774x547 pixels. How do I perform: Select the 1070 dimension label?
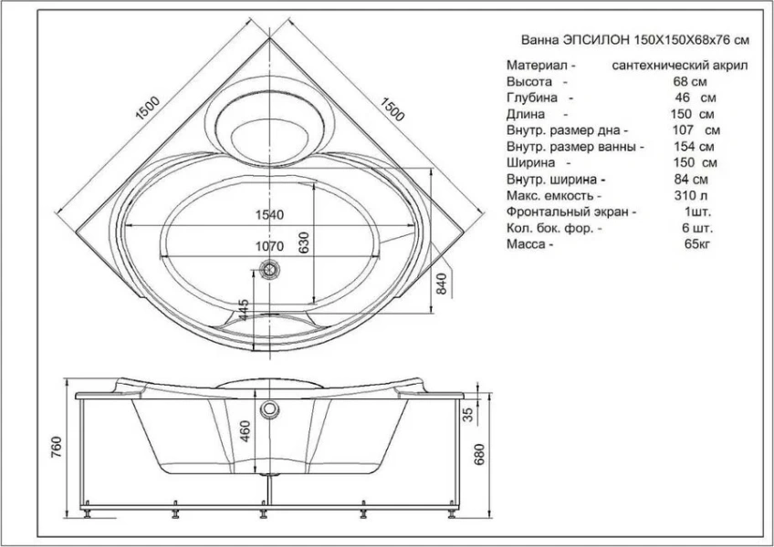[270, 247]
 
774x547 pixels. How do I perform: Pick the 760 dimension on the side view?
[58, 448]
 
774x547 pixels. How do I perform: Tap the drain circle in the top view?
[269, 270]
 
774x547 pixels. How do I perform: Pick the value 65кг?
[696, 244]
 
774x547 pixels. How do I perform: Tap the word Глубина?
[532, 98]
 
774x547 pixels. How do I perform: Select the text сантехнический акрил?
[681, 67]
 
